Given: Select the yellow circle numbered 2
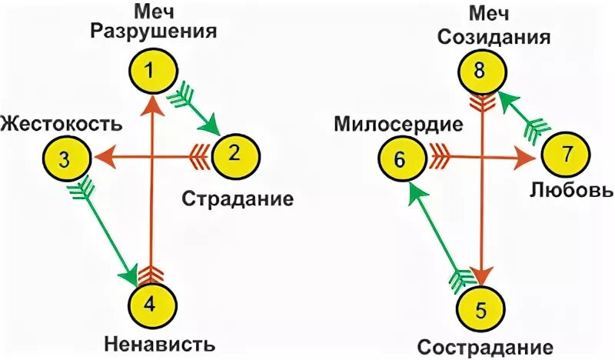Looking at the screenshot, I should [235, 155].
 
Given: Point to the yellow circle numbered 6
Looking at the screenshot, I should [399, 159].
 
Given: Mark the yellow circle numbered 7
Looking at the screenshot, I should [567, 155].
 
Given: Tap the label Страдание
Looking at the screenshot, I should [238, 199].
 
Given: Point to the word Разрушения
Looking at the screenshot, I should [153, 32].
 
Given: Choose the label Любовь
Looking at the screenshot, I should [572, 190].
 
